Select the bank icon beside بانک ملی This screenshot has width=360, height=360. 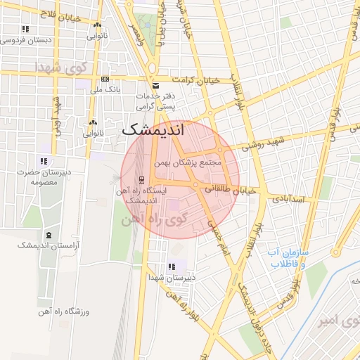coord(105,79)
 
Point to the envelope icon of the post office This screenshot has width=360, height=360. coord(155,86)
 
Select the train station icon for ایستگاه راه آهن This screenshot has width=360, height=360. coord(142,179)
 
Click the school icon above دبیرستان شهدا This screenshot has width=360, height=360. coord(171,266)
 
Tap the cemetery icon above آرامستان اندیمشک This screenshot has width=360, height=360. coord(49,234)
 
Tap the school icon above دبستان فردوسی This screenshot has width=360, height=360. coord(25,29)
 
